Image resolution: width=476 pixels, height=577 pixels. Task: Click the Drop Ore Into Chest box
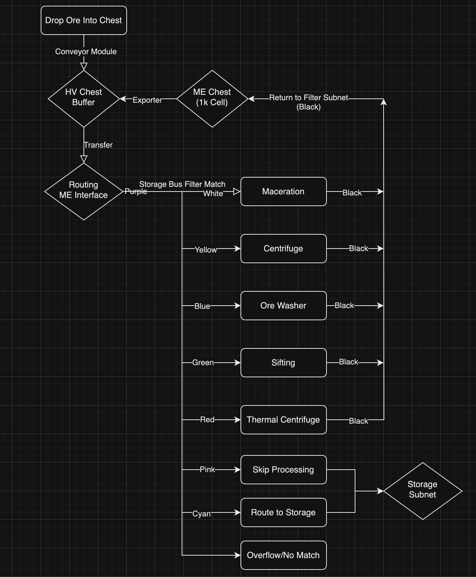(x=83, y=20)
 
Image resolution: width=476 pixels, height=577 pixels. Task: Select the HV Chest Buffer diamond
(x=83, y=98)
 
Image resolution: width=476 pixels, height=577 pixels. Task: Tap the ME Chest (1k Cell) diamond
(x=212, y=98)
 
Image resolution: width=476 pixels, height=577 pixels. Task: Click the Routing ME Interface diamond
(x=83, y=191)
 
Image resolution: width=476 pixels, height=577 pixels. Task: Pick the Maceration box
(x=283, y=192)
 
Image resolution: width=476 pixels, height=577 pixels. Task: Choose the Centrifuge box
(x=283, y=249)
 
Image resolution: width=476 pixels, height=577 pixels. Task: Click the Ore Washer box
(x=283, y=306)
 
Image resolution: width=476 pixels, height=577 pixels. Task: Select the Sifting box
(x=283, y=363)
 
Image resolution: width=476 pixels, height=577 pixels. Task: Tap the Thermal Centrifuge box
(x=283, y=420)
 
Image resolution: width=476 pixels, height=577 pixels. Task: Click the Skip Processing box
(x=283, y=470)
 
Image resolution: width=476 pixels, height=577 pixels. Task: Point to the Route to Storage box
(x=283, y=512)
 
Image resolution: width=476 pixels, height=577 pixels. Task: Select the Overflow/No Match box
(x=283, y=555)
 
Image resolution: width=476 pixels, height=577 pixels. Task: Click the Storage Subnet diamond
(x=422, y=491)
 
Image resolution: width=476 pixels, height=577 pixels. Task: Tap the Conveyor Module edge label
(x=86, y=51)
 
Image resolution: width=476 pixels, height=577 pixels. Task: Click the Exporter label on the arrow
(x=147, y=100)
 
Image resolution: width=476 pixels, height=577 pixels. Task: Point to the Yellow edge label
(x=206, y=250)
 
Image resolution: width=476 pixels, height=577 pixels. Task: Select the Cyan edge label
(x=201, y=514)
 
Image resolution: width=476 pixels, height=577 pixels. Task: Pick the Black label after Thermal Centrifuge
(x=358, y=421)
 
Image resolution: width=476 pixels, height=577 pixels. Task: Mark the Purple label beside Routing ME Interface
(x=136, y=192)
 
